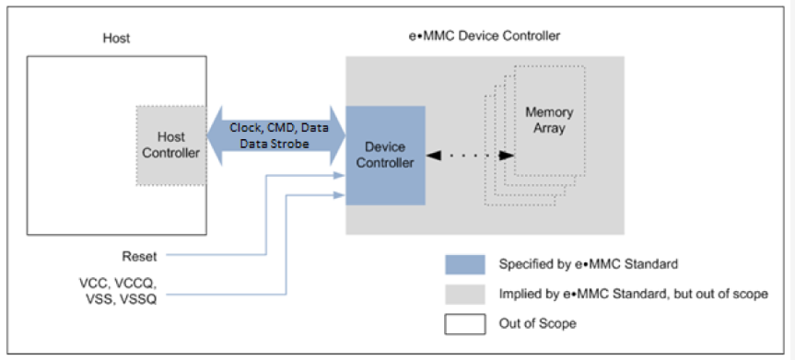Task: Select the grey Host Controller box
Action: pos(170,145)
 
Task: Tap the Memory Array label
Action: pos(549,121)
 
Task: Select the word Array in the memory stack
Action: pos(549,128)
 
